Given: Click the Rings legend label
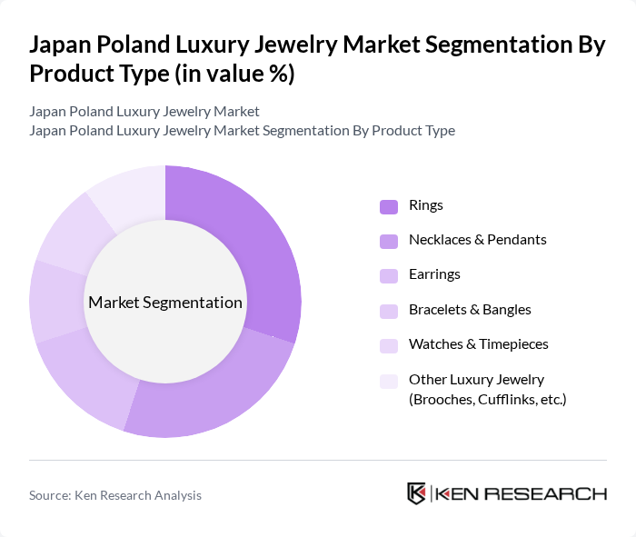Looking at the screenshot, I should [x=426, y=205].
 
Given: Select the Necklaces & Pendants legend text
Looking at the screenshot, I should [x=477, y=240].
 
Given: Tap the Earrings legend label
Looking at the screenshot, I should [x=434, y=274].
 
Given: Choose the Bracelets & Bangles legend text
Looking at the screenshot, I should [x=470, y=310].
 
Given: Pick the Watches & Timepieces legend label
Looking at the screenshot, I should [x=478, y=344].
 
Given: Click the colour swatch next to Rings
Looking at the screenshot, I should [x=389, y=206].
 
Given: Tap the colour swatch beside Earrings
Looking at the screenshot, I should [x=389, y=275].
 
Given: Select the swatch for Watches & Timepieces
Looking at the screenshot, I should [x=389, y=345].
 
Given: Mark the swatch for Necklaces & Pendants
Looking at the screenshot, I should [x=389, y=241].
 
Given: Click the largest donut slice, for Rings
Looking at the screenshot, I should [x=254, y=245].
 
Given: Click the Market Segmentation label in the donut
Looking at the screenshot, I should [x=165, y=303].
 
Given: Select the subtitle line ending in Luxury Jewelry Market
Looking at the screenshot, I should [x=144, y=112].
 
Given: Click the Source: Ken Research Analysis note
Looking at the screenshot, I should [x=115, y=495].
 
